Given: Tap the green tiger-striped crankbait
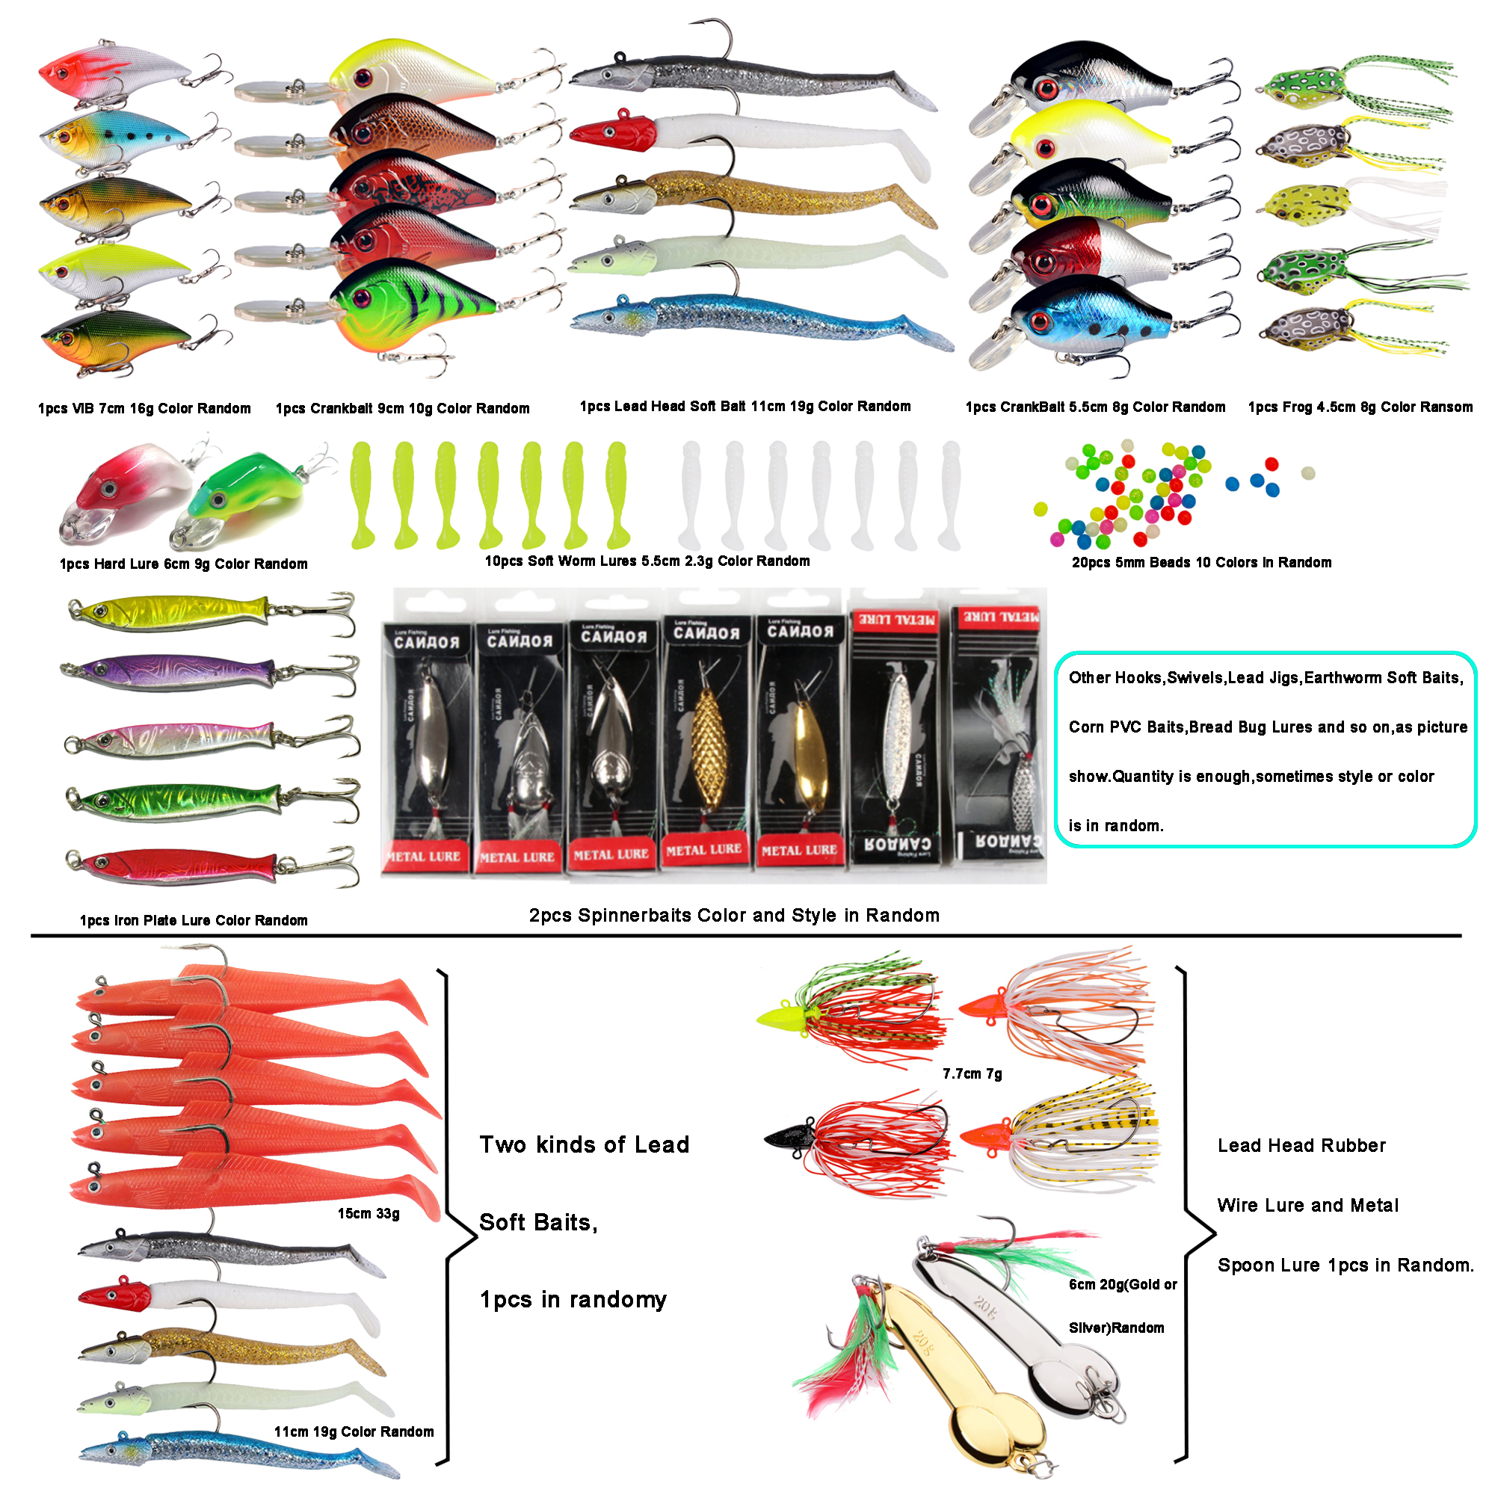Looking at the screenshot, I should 410,302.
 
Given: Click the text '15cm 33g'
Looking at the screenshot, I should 369,1213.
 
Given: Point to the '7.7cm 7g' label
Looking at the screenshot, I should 972,1073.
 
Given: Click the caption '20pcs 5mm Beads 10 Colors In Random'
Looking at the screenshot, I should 1201,563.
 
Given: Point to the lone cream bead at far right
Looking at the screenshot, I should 1307,473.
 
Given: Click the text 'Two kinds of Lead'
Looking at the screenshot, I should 584,1144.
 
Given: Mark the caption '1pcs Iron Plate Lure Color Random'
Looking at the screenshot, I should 194,920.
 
